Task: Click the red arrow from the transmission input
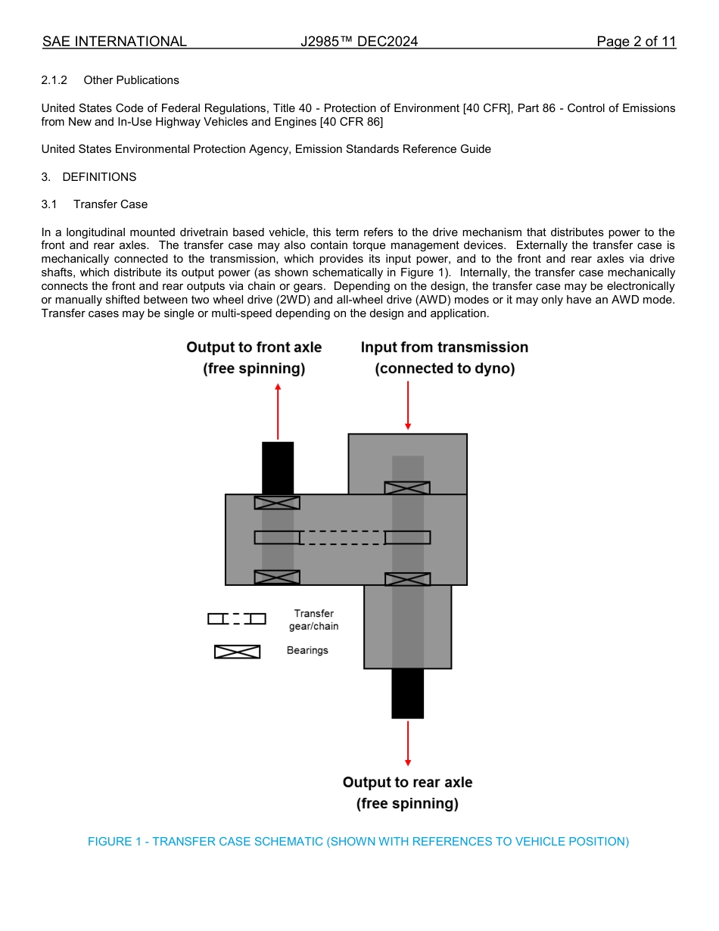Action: click(408, 406)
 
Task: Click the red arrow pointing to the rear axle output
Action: click(408, 743)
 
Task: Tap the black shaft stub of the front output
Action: click(278, 468)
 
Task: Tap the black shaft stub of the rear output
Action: click(408, 693)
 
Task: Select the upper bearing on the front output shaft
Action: click(277, 503)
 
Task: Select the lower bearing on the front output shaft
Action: click(277, 578)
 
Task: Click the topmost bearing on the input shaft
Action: click(407, 488)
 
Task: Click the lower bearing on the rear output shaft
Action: click(407, 579)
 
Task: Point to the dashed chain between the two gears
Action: click(342, 537)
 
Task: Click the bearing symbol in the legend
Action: click(237, 652)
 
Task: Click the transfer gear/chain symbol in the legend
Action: click(237, 619)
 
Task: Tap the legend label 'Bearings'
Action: click(307, 650)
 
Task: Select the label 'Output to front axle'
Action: click(254, 347)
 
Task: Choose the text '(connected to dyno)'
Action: click(444, 369)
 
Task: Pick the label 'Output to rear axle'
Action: click(407, 783)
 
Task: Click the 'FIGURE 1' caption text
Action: click(358, 842)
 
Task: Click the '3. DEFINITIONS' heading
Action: click(89, 177)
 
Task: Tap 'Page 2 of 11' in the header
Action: click(636, 42)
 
